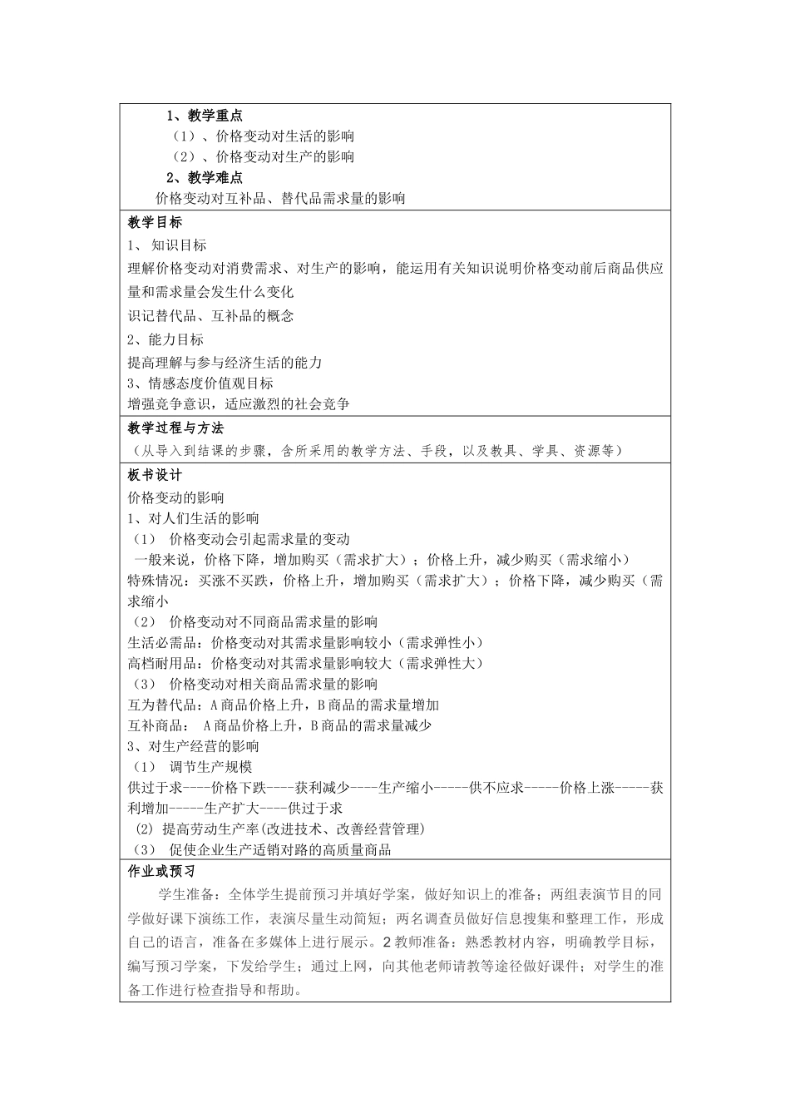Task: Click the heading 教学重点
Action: click(x=205, y=116)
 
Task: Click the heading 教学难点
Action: click(x=205, y=177)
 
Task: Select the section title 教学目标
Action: click(x=155, y=223)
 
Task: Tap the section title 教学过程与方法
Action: click(x=176, y=428)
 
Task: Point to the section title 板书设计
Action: click(x=155, y=475)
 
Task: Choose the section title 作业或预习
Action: click(x=161, y=872)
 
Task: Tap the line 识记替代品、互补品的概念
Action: click(x=210, y=316)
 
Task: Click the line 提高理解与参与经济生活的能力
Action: click(x=225, y=363)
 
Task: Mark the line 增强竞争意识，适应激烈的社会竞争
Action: click(x=239, y=404)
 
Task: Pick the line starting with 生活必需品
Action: click(x=305, y=643)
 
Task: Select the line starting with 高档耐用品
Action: click(x=305, y=664)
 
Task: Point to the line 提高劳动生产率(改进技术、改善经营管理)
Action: click(x=280, y=829)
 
